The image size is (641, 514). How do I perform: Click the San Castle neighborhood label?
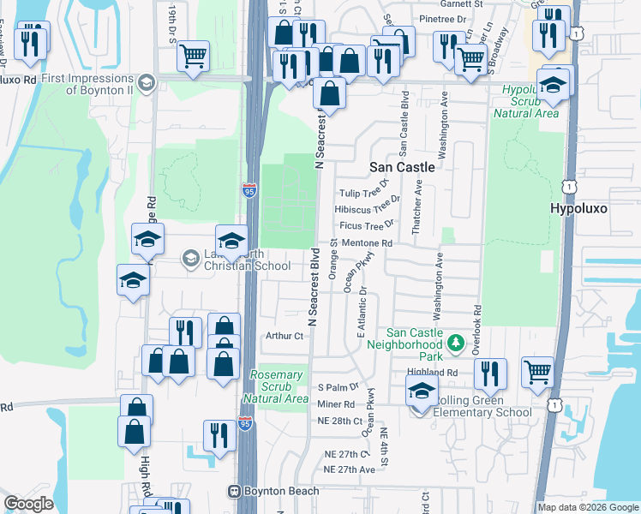402,167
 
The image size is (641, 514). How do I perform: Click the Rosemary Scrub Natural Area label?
276,387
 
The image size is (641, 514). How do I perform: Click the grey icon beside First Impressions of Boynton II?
146,82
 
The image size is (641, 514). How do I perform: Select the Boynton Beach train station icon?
231,492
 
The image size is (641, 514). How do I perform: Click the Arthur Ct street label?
285,337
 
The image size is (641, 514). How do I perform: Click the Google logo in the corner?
28,503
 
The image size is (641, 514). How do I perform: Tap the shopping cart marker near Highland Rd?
537,374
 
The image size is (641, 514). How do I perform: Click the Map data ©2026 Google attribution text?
587,507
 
